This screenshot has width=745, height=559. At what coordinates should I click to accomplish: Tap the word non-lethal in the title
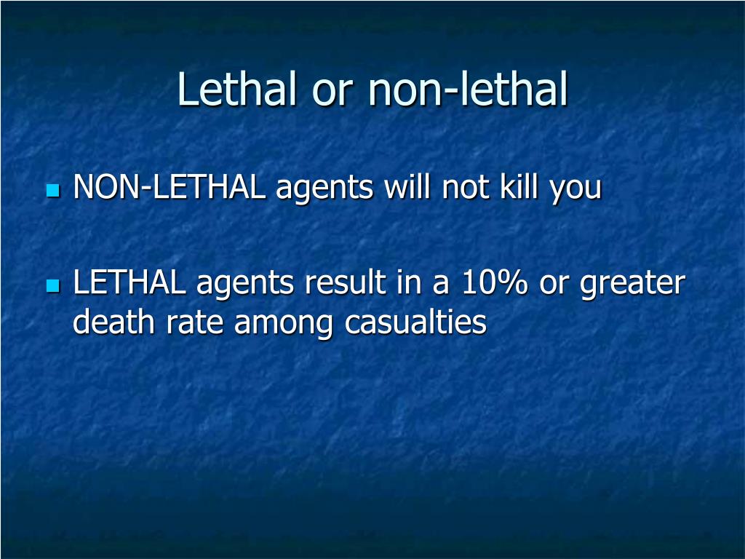pos(467,90)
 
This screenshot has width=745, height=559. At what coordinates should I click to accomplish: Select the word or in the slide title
pos(331,91)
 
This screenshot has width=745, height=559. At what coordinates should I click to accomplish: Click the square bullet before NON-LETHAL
pos(52,191)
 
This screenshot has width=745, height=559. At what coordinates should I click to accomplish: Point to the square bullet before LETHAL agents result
pos(52,285)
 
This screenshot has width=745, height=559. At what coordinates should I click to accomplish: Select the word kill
pos(518,189)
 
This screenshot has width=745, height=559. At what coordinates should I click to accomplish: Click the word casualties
pos(415,322)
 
